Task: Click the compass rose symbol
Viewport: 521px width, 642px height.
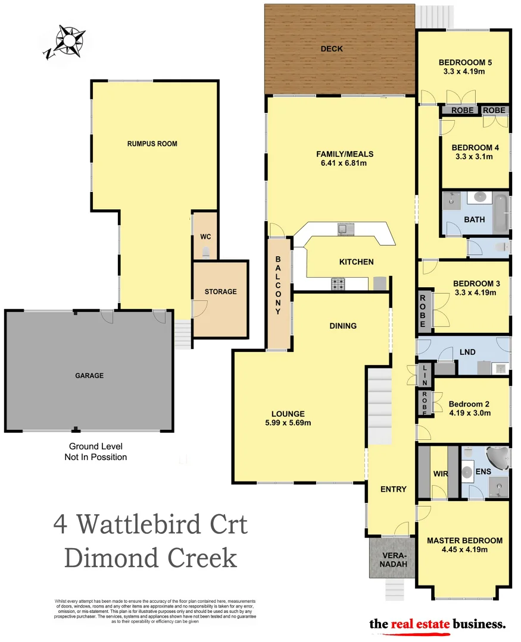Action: [67, 41]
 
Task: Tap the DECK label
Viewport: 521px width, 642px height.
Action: [332, 49]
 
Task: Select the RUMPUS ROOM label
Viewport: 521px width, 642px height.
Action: [152, 144]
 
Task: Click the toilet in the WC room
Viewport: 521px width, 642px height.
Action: [206, 252]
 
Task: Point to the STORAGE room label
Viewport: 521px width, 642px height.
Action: [220, 292]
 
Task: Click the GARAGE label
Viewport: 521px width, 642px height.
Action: [89, 376]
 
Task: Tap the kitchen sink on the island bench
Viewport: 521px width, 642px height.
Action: [344, 228]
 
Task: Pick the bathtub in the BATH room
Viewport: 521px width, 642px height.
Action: [501, 213]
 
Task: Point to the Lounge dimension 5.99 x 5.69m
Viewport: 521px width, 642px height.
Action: [288, 423]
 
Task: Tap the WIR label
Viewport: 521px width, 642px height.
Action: [440, 474]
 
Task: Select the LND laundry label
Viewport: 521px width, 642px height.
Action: [467, 352]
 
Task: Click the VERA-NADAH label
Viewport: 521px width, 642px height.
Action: [391, 558]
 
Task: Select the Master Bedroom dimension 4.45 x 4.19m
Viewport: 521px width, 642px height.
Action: [464, 550]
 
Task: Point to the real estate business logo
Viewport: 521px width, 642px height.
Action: [438, 624]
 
